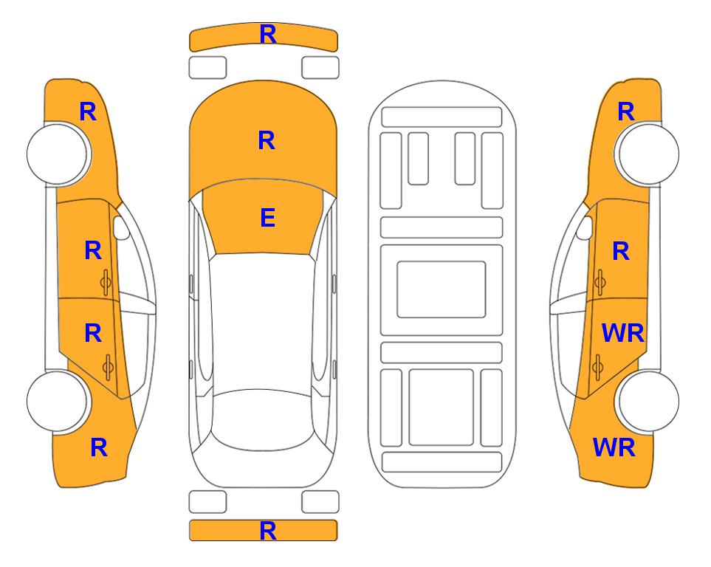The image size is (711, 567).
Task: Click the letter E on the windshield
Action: (267, 218)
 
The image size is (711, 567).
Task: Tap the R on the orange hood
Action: (267, 140)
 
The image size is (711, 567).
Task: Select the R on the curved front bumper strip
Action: (268, 35)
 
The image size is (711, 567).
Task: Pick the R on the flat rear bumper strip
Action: (268, 531)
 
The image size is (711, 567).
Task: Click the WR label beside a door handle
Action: (622, 334)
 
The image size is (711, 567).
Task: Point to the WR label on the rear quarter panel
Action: (614, 447)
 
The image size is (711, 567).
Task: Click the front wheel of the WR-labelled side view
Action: (647, 154)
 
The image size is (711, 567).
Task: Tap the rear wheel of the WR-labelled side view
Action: (647, 401)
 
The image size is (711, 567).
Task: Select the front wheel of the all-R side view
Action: (58, 154)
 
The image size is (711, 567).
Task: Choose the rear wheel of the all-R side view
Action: (58, 401)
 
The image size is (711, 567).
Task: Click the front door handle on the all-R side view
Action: (106, 282)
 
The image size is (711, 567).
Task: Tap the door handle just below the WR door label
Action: (598, 367)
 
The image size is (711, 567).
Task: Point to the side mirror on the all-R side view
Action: (122, 227)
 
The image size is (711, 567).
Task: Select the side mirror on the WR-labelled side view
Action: (584, 227)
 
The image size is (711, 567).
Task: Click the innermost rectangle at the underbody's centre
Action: (442, 289)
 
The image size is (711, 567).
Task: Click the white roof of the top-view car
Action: (262, 323)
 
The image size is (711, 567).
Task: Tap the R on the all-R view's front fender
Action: (88, 111)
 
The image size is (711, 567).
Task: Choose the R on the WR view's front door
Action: (621, 251)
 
